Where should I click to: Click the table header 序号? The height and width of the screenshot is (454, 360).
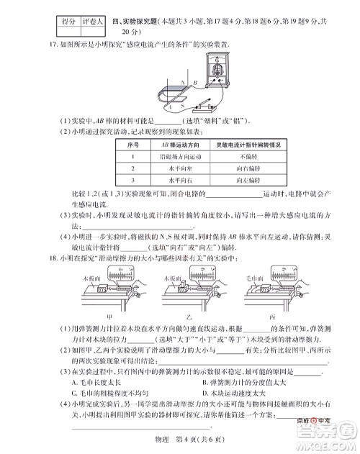point(132,145)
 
